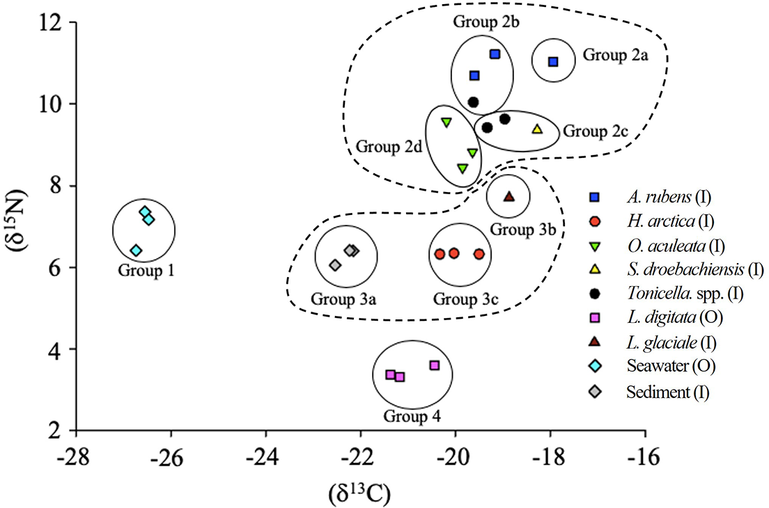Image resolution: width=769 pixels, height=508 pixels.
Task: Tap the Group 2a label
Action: pyautogui.click(x=616, y=54)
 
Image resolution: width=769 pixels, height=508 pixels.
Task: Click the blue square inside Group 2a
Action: pyautogui.click(x=554, y=62)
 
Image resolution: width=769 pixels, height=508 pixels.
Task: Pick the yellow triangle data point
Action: pyautogui.click(x=537, y=129)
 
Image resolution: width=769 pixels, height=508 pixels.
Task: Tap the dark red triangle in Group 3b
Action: pyautogui.click(x=509, y=196)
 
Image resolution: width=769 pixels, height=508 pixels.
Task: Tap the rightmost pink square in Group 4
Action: pyautogui.click(x=435, y=365)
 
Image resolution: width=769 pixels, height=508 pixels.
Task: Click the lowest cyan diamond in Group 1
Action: pyautogui.click(x=137, y=251)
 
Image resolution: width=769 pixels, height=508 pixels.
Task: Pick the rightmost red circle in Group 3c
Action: pyautogui.click(x=479, y=254)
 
